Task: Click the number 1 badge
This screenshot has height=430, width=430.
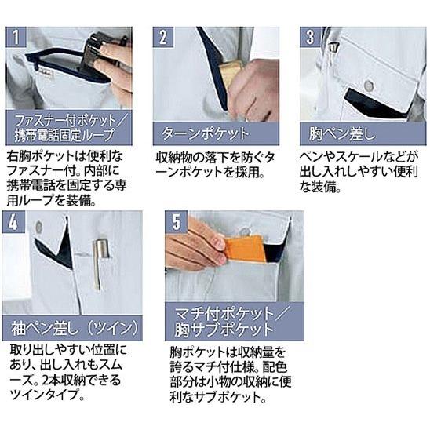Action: (x=16, y=37)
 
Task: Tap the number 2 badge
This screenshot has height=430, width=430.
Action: (x=163, y=37)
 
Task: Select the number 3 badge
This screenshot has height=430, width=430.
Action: (x=310, y=37)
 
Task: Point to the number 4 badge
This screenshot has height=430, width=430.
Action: (x=13, y=221)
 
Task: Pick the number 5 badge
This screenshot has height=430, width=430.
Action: (x=176, y=221)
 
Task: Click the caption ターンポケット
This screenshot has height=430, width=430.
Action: (x=205, y=134)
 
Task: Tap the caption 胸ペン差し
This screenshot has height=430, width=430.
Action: (x=341, y=134)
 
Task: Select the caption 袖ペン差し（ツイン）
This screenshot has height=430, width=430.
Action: (x=75, y=328)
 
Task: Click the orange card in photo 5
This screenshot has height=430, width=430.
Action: (x=245, y=250)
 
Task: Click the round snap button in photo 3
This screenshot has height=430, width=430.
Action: (x=369, y=86)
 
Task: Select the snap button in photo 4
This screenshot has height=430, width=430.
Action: (x=38, y=227)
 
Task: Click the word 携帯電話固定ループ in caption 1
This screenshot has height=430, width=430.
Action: (x=64, y=135)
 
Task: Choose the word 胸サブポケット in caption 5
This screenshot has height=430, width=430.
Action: (x=224, y=330)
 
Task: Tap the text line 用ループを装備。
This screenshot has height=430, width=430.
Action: (x=52, y=200)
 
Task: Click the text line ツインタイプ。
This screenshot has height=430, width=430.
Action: (x=47, y=395)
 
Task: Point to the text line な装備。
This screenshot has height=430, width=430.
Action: (x=320, y=187)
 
